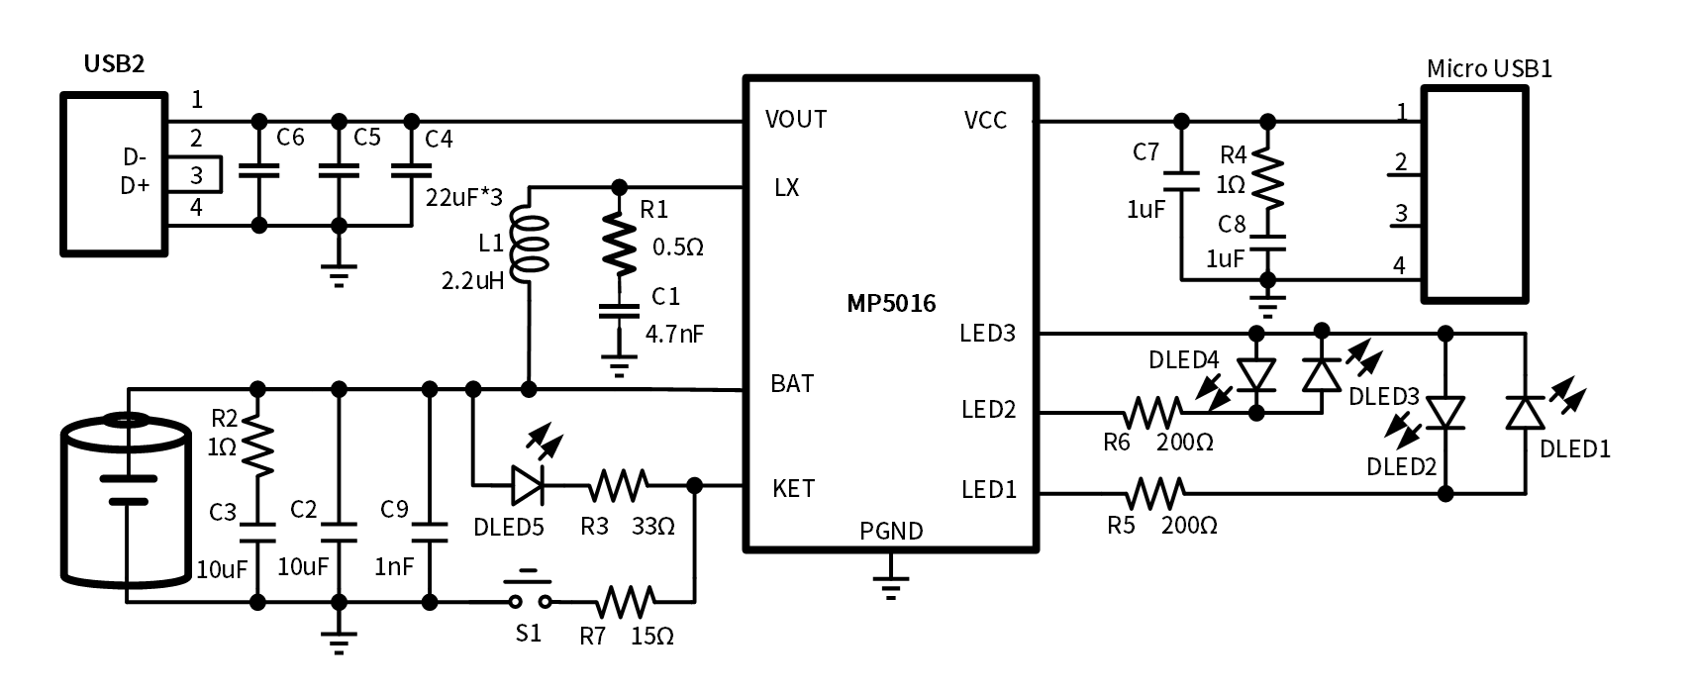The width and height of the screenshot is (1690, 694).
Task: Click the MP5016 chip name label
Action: [891, 304]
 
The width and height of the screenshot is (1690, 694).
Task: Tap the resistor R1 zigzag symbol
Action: [621, 248]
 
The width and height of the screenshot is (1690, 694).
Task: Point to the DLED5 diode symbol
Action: [530, 485]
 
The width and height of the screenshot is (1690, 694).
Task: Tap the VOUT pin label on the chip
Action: [795, 120]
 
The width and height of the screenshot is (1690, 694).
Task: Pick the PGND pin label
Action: [891, 531]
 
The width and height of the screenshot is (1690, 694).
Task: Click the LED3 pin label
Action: [987, 333]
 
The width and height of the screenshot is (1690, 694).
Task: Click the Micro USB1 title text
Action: [1488, 68]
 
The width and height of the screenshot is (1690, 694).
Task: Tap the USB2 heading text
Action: [114, 64]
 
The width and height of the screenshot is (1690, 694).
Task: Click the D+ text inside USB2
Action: [135, 185]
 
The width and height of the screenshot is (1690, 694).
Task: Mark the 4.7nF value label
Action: [674, 333]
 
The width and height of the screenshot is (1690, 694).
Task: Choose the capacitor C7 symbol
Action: [1181, 181]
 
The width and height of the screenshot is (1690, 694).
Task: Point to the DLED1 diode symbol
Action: [1525, 411]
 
